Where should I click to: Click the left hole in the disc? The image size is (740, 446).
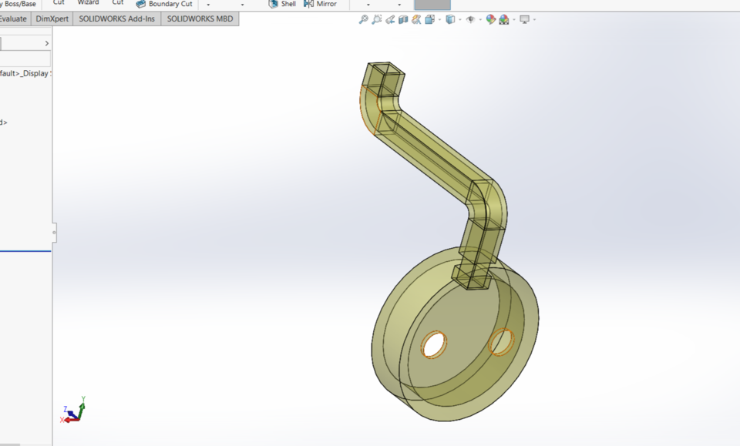coord(434,344)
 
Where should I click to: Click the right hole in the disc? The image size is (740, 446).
coord(501,341)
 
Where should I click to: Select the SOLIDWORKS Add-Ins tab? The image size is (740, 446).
coord(117,18)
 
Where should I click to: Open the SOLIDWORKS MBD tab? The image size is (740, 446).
coord(200,18)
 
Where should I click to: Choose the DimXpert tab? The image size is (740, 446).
coord(52,18)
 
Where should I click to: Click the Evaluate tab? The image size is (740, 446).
coord(14,18)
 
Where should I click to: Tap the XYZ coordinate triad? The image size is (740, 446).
coord(72,412)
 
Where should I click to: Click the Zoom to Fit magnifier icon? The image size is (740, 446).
coord(363,19)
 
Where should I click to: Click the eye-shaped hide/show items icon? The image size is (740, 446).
coord(470,19)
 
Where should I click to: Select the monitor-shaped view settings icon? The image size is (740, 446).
coord(525,19)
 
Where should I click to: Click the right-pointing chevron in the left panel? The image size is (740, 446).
coord(46,44)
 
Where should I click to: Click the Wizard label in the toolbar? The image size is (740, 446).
coord(88,3)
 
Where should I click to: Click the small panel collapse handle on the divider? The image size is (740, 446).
coord(54,232)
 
